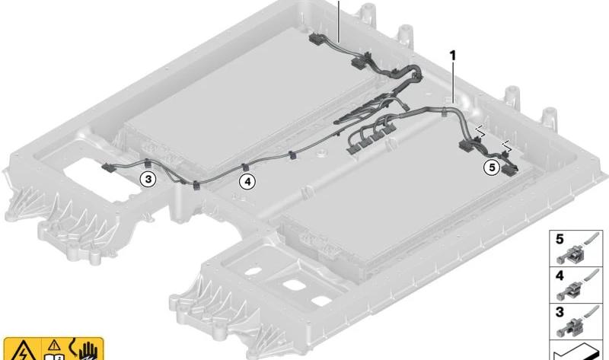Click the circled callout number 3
[148, 179]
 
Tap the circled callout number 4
[247, 181]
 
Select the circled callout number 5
[492, 167]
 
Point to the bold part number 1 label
[452, 56]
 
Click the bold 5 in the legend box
[560, 239]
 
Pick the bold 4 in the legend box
[560, 276]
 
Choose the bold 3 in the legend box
[560, 312]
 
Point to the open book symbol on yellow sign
[52, 356]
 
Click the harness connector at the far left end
[107, 167]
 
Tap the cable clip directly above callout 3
[147, 163]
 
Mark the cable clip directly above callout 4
[245, 167]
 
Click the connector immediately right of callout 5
[510, 170]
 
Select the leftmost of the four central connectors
[353, 148]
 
